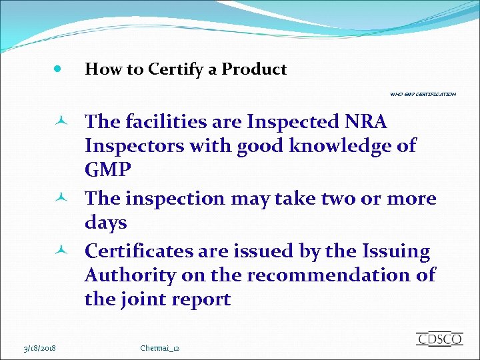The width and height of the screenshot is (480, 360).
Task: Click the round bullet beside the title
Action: click(58, 69)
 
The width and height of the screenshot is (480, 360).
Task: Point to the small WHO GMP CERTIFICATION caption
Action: click(423, 95)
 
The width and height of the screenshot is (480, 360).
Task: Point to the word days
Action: click(105, 222)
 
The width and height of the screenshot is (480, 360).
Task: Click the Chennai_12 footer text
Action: click(161, 348)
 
